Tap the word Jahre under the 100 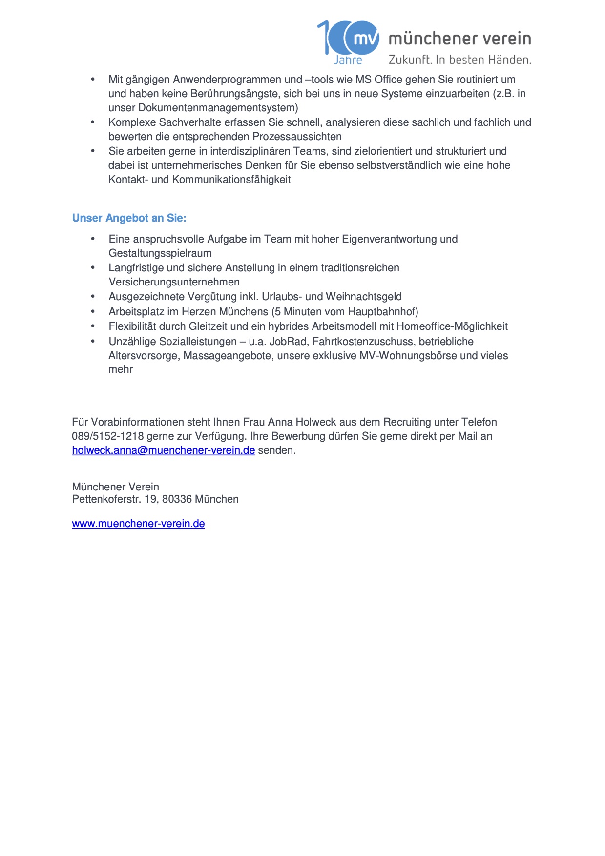point(348,61)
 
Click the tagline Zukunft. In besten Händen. point(459,60)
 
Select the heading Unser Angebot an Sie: point(129,218)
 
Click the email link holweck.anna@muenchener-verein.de point(164,450)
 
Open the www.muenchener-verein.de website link point(138,524)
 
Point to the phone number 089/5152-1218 point(108,436)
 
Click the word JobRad point(288,342)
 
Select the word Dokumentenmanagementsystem point(216,108)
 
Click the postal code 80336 point(177,499)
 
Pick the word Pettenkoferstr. point(106,499)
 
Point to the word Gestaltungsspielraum point(160,253)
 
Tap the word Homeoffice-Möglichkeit point(452,326)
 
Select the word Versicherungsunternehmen point(174,282)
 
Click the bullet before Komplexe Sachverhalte point(93,122)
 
